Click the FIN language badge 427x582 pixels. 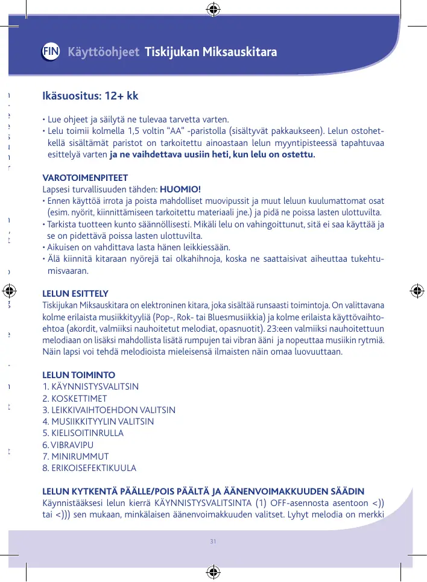pyautogui.click(x=51, y=52)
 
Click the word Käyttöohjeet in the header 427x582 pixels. pyautogui.click(x=104, y=52)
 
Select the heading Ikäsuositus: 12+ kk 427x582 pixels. pyautogui.click(x=90, y=96)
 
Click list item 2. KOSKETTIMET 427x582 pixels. pyautogui.click(x=75, y=399)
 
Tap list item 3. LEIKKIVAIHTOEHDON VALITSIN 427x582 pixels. pyautogui.click(x=109, y=410)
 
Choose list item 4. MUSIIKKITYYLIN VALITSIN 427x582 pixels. pyautogui.click(x=98, y=422)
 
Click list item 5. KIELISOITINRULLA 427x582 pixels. pyautogui.click(x=83, y=433)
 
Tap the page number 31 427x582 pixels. pyautogui.click(x=213, y=540)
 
